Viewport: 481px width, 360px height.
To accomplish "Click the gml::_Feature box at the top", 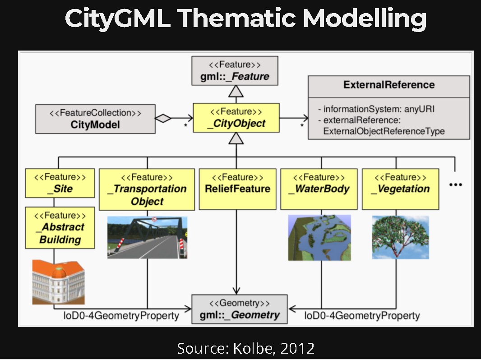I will tap(235, 71).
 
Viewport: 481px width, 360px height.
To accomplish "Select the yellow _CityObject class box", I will tap(236, 118).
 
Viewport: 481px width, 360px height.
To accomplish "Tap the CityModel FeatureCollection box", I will tap(95, 119).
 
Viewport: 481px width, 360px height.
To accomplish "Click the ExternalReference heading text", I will tap(388, 85).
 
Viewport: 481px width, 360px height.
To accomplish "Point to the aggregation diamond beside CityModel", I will tap(163, 119).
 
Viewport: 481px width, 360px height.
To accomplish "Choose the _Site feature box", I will tap(60, 183).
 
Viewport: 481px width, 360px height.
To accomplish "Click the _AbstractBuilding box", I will tap(60, 228).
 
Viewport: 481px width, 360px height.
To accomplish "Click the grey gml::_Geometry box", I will tap(240, 309).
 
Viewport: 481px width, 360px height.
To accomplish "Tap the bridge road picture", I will tap(147, 237).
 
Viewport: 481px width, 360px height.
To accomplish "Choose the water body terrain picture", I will tap(319, 238).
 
